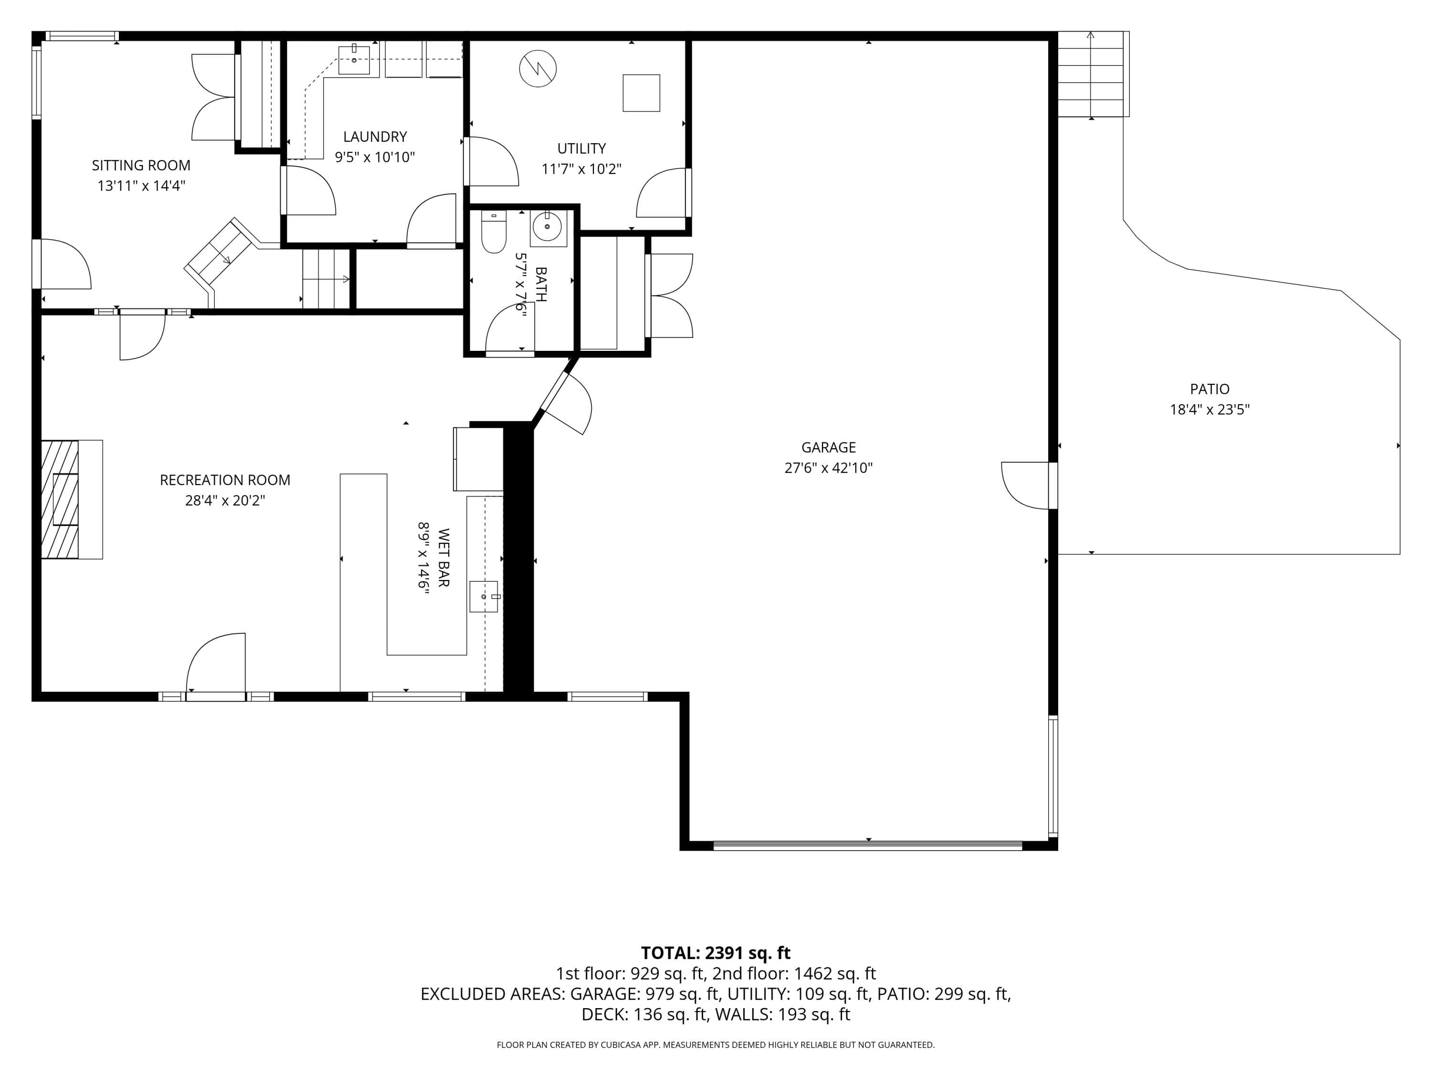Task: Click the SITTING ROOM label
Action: pyautogui.click(x=141, y=166)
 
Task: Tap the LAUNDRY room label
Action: pyautogui.click(x=375, y=137)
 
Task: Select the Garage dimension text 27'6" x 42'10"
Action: pyautogui.click(x=829, y=468)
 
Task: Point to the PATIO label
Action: pyautogui.click(x=1209, y=389)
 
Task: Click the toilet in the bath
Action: pyautogui.click(x=494, y=232)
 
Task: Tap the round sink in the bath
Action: pyautogui.click(x=548, y=227)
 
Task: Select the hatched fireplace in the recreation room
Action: pyautogui.click(x=60, y=499)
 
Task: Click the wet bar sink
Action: pyautogui.click(x=484, y=596)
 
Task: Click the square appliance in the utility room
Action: pyautogui.click(x=642, y=93)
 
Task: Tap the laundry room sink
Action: pyautogui.click(x=354, y=60)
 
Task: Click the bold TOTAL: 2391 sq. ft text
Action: pyautogui.click(x=716, y=953)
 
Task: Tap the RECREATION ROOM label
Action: pyautogui.click(x=225, y=480)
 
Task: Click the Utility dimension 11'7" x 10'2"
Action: pyautogui.click(x=581, y=169)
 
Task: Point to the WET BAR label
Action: pyautogui.click(x=443, y=558)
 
